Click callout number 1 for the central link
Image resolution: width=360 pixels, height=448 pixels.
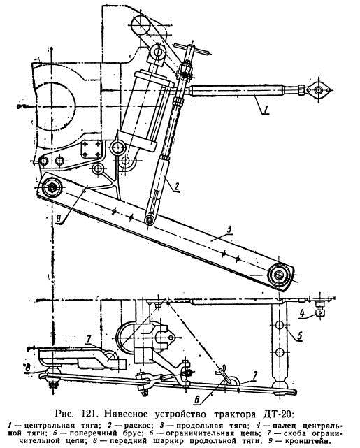[x=265, y=109]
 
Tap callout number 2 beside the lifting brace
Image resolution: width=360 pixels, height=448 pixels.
[x=177, y=186]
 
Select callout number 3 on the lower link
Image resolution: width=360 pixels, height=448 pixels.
[x=229, y=229]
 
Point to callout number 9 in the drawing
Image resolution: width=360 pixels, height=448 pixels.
[x=59, y=219]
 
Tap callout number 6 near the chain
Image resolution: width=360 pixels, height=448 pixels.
[x=197, y=400]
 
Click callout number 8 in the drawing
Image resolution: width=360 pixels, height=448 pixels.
[x=28, y=368]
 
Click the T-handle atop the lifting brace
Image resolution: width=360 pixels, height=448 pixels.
[x=193, y=49]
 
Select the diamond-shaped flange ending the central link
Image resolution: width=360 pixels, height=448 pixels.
[x=317, y=89]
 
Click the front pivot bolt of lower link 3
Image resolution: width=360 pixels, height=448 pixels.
[x=52, y=188]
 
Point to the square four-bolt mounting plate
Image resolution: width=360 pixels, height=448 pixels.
[x=92, y=149]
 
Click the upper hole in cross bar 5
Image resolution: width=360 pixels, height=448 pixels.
[x=280, y=325]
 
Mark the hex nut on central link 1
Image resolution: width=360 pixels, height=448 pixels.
[x=301, y=89]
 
